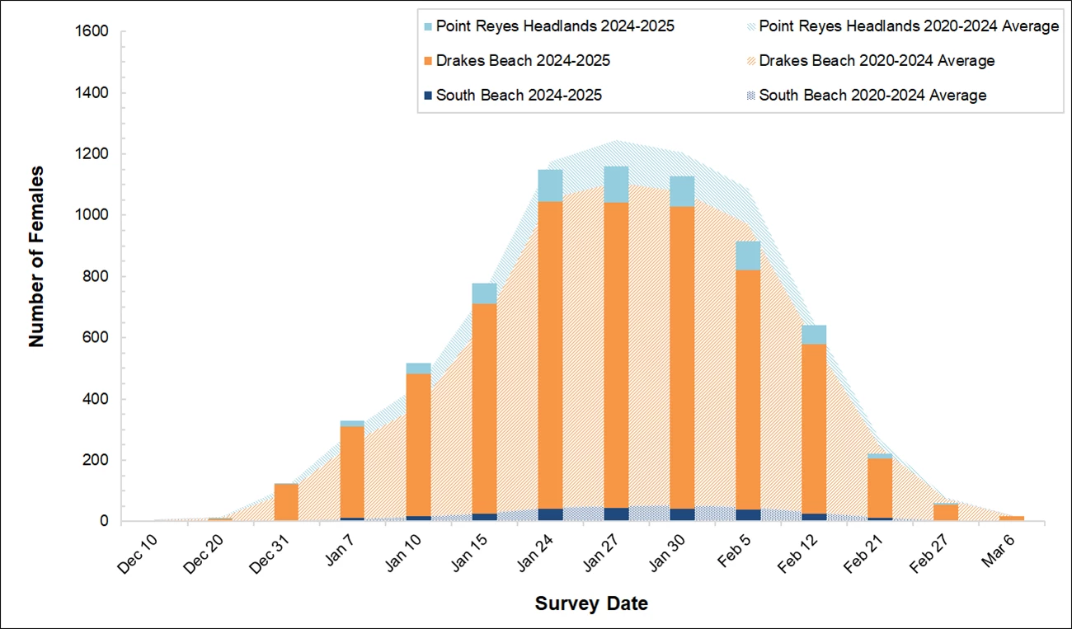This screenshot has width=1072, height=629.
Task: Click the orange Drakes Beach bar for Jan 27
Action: click(x=616, y=354)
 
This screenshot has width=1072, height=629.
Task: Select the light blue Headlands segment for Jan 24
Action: click(x=550, y=185)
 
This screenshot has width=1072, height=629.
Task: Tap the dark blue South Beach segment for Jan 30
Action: click(x=682, y=514)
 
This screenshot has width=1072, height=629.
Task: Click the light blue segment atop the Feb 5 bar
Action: click(x=748, y=256)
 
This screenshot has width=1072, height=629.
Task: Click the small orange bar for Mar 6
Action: click(x=1012, y=519)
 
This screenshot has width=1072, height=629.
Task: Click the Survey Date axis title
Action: click(x=591, y=603)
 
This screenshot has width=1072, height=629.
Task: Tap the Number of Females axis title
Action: click(x=36, y=256)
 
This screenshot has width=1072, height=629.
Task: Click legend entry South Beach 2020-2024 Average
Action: click(x=872, y=96)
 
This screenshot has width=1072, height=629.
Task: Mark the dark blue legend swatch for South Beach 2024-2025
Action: click(x=426, y=96)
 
